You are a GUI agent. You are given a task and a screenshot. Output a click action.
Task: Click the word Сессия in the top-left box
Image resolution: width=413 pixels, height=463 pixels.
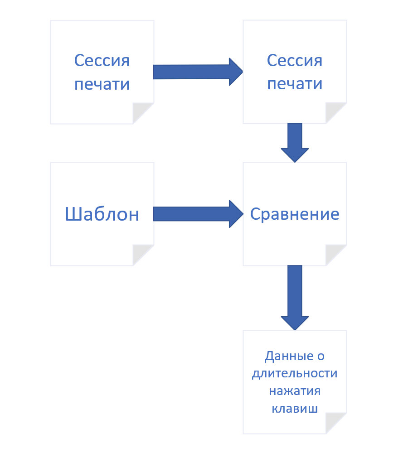102,61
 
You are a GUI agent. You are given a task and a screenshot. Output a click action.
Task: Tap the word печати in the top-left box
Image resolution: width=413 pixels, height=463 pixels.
102,84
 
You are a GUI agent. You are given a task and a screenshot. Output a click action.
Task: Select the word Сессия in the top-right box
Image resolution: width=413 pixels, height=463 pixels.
295,61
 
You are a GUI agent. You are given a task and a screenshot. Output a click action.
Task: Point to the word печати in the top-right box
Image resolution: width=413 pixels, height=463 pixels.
295,84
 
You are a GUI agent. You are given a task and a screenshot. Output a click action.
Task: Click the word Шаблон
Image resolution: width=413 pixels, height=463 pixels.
102,214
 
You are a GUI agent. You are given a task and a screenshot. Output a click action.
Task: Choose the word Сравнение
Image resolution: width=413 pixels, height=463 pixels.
295,214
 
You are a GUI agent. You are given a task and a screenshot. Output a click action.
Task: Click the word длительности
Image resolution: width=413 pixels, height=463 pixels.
295,374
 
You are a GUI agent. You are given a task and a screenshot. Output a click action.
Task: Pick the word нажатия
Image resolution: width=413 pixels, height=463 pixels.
295,391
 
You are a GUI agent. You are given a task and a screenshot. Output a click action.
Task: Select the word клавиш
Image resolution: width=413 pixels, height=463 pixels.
295,408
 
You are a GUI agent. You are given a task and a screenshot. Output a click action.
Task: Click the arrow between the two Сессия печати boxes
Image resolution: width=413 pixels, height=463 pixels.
198,72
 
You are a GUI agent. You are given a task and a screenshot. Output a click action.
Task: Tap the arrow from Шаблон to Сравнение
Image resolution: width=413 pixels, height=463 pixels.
198,214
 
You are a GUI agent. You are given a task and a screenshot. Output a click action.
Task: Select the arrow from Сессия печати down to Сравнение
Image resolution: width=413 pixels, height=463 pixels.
295,143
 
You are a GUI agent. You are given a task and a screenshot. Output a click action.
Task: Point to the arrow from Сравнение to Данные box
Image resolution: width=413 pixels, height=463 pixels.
295,297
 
